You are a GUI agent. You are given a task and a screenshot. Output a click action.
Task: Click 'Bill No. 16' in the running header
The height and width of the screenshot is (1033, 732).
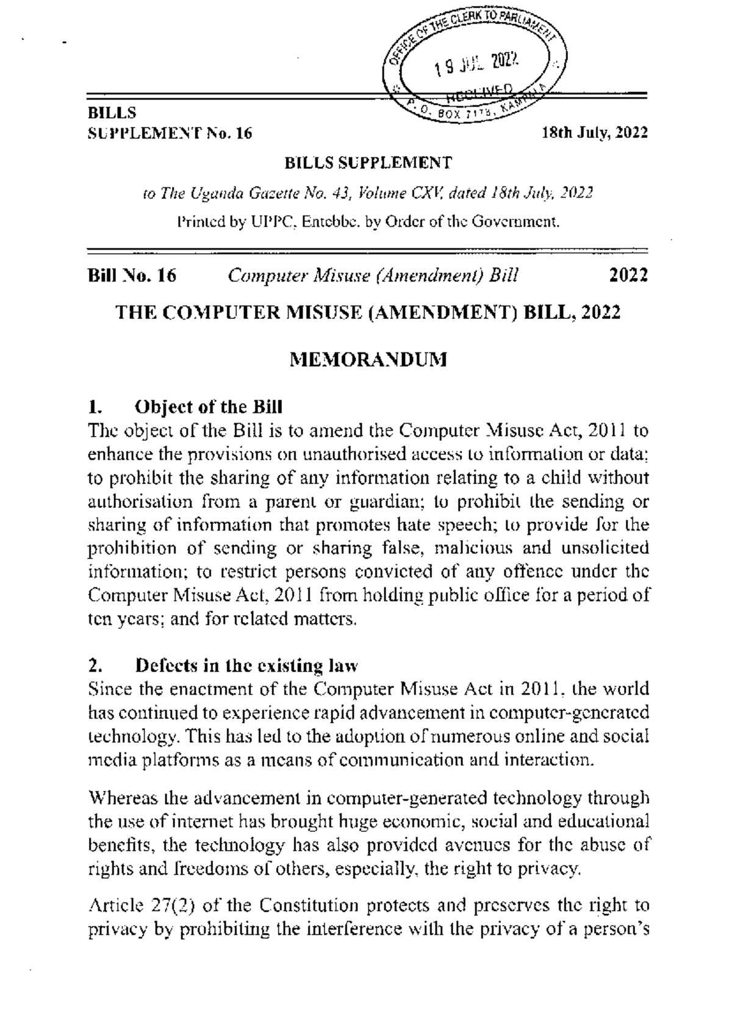point(132,276)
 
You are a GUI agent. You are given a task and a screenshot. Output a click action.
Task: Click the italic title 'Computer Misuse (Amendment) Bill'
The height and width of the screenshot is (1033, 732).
point(373,276)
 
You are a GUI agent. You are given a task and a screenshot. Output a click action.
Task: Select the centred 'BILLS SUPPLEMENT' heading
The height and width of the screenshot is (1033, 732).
point(368,163)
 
